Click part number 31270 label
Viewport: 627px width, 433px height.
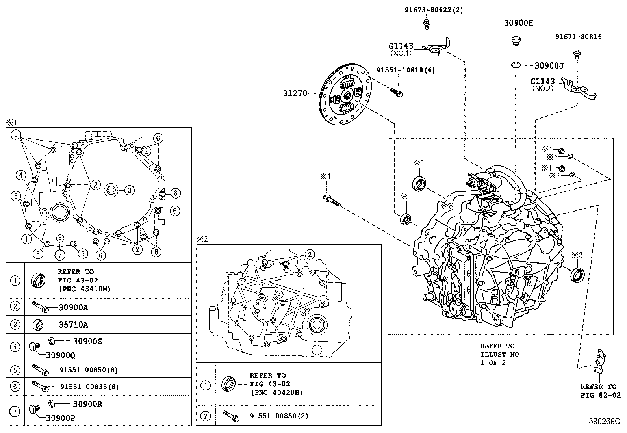point(295,93)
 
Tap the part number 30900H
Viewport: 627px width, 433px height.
point(518,23)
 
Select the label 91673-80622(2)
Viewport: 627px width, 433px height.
point(434,10)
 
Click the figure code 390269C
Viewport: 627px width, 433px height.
point(604,421)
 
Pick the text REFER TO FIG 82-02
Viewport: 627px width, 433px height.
point(598,391)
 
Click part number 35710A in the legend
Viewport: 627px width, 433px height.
point(73,325)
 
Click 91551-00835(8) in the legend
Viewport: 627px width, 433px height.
point(89,387)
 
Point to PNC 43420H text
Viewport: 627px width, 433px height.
point(276,392)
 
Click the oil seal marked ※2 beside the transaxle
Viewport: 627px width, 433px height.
point(577,275)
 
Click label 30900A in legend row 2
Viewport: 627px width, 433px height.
point(73,308)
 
